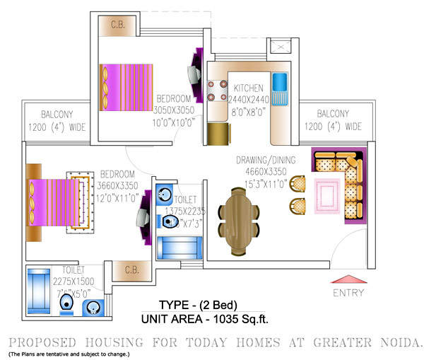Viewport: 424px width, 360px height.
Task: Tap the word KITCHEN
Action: click(248, 88)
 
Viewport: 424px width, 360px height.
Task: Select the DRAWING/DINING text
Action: click(266, 161)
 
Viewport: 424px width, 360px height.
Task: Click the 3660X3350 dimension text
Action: click(117, 186)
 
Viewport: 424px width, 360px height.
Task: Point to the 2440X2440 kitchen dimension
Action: click(249, 100)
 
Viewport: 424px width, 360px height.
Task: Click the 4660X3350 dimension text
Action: click(266, 170)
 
